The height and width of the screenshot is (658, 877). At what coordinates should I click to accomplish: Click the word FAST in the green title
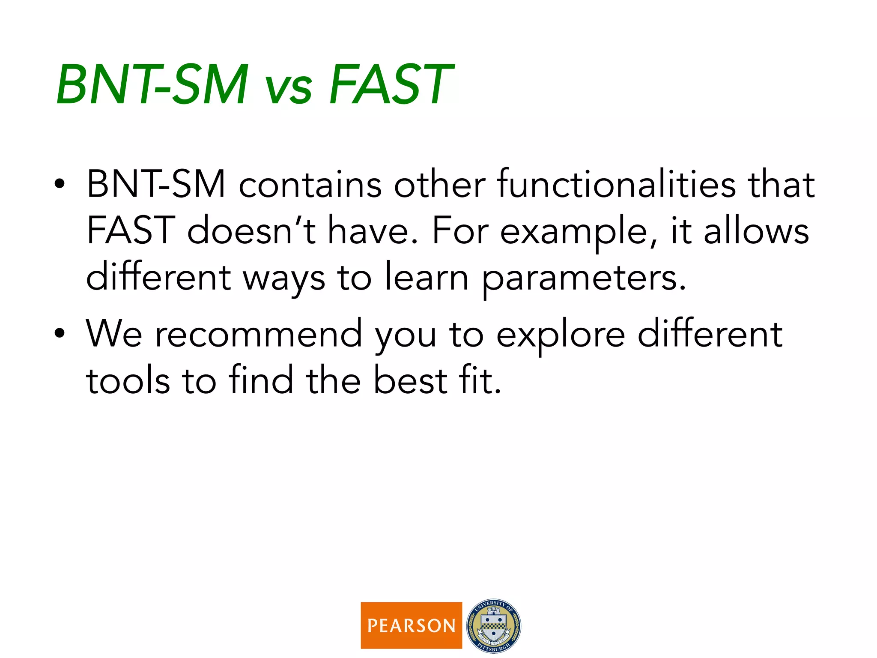point(391,84)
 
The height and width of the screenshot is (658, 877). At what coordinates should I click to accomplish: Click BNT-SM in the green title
point(152,84)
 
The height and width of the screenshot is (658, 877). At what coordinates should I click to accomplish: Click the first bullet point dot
point(60,184)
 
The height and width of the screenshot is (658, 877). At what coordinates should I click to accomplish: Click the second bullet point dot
point(60,333)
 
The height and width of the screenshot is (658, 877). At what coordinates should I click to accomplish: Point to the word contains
point(310,185)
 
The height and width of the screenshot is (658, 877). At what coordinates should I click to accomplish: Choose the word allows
point(756,231)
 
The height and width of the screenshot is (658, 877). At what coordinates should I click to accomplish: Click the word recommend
point(258,334)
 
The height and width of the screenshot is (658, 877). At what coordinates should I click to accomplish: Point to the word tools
point(128,380)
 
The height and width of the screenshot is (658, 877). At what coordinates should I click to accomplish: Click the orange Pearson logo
point(411,625)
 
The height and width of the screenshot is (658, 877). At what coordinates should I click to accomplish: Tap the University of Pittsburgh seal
point(493,625)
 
